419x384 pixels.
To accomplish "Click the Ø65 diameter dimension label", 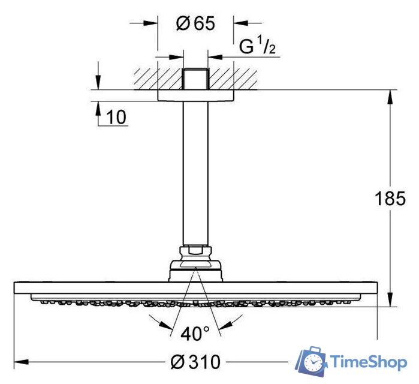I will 195,24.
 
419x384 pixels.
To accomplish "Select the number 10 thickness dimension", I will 117,118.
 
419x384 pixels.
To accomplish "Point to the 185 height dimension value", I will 390,198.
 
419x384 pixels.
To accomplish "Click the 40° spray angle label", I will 195,332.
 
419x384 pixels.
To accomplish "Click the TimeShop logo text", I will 369,362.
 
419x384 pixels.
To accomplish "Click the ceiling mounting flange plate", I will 195,95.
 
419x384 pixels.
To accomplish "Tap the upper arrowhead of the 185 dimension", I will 390,96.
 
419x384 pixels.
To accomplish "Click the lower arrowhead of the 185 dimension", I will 390,300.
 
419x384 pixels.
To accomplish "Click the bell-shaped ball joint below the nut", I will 195,267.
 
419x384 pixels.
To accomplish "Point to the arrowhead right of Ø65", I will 240,24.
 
